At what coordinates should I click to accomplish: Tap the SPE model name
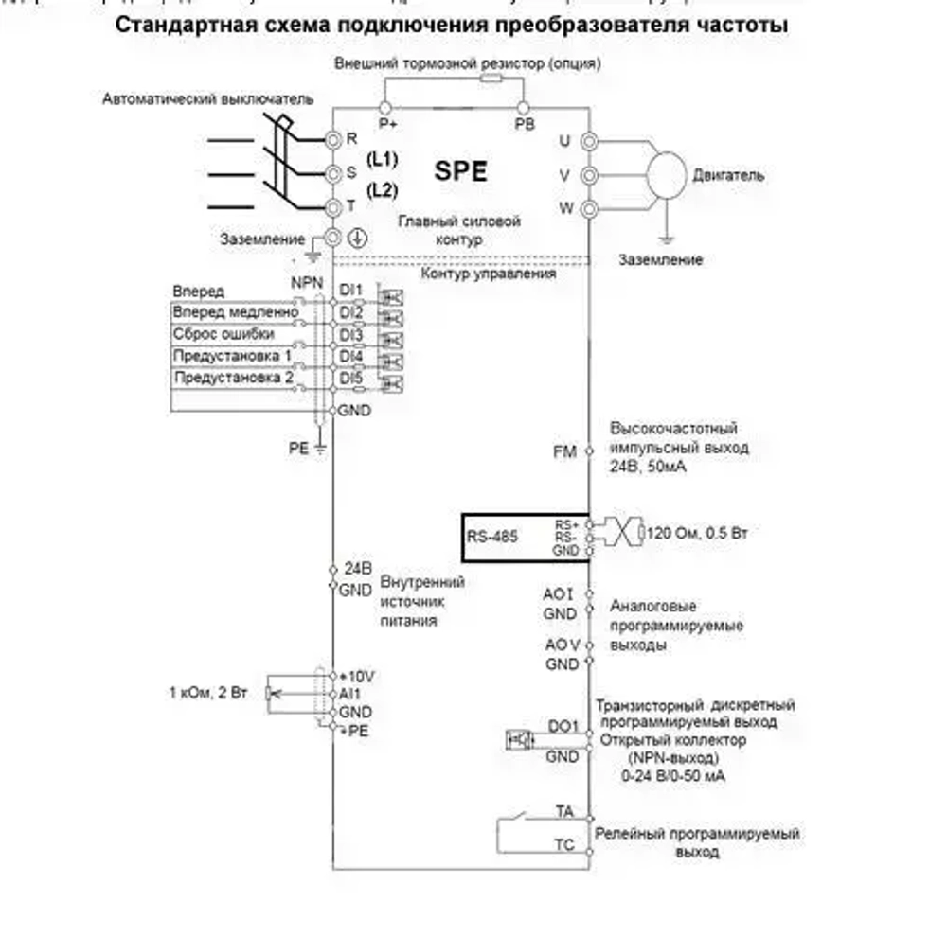coord(460,171)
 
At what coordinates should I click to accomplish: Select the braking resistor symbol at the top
coord(491,80)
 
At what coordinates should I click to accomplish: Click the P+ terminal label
coord(386,124)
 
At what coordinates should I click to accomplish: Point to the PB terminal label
coord(524,124)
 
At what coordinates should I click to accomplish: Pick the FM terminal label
coord(564,452)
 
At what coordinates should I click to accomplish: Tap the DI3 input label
coord(351,335)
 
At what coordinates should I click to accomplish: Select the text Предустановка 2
coord(233,378)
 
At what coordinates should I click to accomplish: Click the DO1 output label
coord(563,727)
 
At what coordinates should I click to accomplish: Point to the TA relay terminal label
coord(564,811)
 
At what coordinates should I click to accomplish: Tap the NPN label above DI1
coord(306,281)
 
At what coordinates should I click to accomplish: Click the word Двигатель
coord(728,175)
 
